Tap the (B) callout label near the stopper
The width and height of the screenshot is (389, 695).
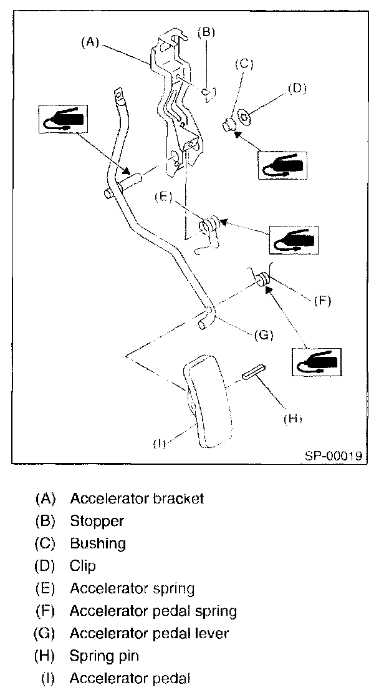coord(206,32)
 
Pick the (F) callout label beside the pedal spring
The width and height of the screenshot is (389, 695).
coord(321,301)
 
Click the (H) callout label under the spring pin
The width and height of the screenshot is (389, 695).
coord(292,419)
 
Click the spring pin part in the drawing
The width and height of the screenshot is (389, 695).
coord(255,372)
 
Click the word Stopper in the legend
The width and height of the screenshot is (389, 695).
coord(97,521)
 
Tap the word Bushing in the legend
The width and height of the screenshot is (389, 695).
coord(98,543)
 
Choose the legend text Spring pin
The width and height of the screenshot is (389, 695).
coord(105,656)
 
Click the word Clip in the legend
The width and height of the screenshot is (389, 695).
coord(83,566)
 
